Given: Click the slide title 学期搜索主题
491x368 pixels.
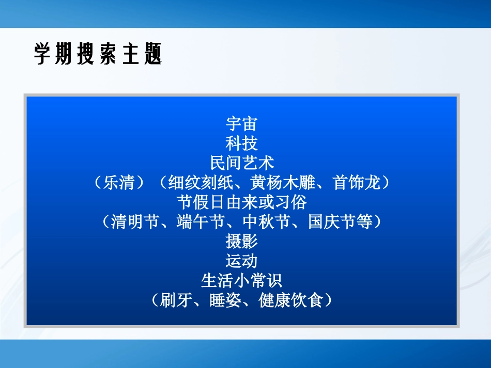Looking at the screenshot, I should tap(98, 54).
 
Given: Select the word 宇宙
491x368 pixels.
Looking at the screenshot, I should tap(241, 124).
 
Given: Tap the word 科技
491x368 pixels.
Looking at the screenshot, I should tap(241, 143).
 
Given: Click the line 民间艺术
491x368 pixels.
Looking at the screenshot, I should tap(241, 163).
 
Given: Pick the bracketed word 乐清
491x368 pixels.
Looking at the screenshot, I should tap(119, 183).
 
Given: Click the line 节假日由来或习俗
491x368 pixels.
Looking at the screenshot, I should tap(241, 202).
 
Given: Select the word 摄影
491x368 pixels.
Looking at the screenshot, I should tap(241, 242).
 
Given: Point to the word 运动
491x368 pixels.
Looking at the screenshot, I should tap(241, 261).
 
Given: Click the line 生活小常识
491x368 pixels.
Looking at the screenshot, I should tap(241, 281).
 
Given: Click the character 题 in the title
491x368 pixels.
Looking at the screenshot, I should tap(153, 54).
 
